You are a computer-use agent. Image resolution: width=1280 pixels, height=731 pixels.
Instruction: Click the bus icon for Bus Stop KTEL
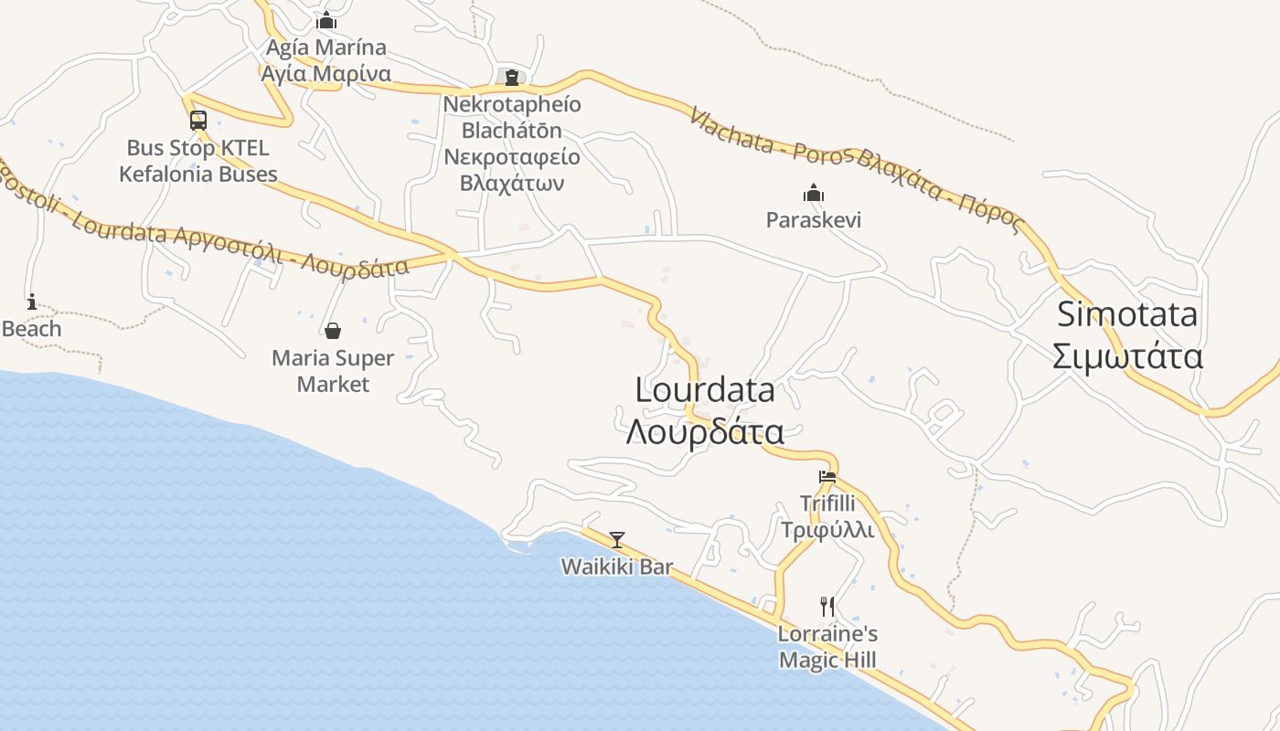click(x=198, y=120)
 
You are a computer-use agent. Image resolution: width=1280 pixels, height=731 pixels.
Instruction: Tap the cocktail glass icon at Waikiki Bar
click(x=617, y=539)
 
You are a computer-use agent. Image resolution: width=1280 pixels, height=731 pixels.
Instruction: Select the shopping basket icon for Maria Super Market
click(x=333, y=331)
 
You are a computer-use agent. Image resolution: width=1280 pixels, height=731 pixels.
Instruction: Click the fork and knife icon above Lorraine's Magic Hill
click(x=827, y=606)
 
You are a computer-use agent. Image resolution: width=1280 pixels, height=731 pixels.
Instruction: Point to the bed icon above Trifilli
click(x=827, y=476)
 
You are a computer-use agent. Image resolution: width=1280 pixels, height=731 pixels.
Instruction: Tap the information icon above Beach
click(x=32, y=302)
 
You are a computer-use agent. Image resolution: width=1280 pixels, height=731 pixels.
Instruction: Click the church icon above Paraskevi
click(x=814, y=193)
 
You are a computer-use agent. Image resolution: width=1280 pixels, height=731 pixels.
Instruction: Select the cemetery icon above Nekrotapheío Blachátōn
click(x=512, y=77)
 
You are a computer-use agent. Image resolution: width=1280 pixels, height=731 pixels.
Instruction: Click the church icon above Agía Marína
click(x=326, y=20)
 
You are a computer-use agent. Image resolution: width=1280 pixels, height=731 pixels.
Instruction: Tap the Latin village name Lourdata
click(x=705, y=390)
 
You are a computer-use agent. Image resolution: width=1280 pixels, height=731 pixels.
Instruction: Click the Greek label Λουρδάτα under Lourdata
click(x=705, y=431)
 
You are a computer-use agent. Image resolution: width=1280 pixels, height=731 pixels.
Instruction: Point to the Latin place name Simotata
click(x=1127, y=314)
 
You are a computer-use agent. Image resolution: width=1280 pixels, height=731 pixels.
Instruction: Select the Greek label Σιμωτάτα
click(x=1127, y=356)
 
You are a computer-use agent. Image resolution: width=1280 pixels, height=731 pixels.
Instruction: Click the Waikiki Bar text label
click(x=617, y=567)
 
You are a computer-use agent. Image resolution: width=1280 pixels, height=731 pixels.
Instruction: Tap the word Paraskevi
click(x=814, y=220)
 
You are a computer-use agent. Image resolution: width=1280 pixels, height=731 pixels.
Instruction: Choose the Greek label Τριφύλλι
click(x=827, y=530)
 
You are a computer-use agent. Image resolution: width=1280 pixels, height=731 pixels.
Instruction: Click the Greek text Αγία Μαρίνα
click(x=326, y=74)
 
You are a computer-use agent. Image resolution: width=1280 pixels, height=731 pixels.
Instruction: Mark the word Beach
click(x=32, y=329)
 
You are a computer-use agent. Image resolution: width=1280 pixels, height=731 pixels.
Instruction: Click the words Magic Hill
click(x=827, y=660)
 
